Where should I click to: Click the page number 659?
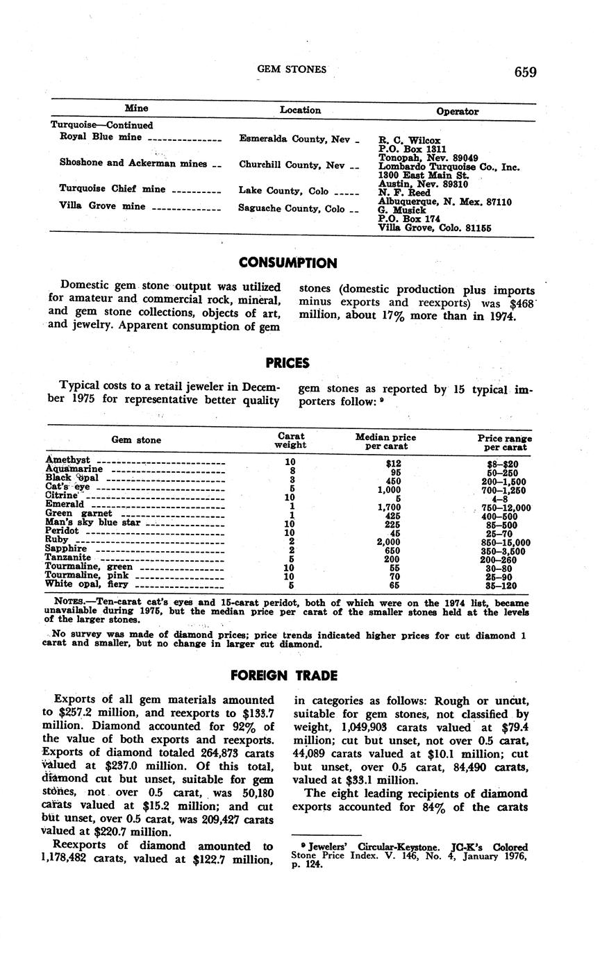[526, 72]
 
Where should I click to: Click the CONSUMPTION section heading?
[287, 263]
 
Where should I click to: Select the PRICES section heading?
[287, 362]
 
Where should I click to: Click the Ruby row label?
[57, 539]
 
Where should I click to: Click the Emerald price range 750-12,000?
[506, 508]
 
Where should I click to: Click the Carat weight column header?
[290, 441]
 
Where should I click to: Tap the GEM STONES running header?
[292, 69]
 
